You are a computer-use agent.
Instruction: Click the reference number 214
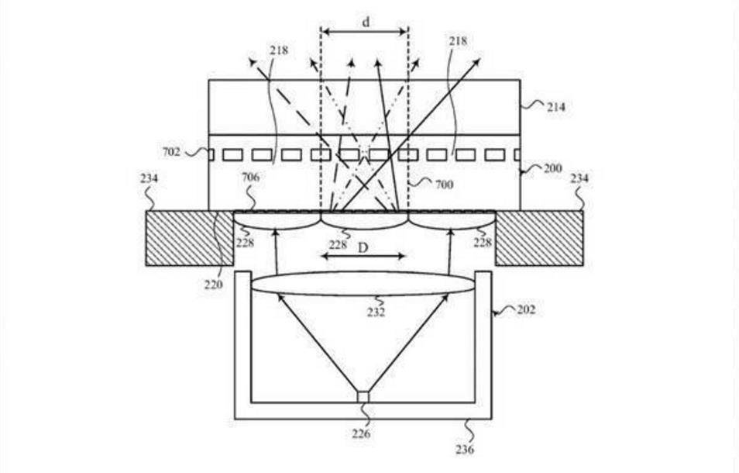555,108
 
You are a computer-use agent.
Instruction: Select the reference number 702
171,152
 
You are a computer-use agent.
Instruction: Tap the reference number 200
553,168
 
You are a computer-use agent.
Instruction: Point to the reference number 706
251,178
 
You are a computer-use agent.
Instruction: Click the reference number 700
445,185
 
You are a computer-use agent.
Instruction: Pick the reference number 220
213,285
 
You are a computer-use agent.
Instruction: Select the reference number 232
376,312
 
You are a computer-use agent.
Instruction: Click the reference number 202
527,310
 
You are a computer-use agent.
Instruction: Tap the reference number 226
361,433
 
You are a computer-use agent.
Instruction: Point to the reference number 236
465,450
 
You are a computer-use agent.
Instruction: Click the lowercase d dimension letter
366,22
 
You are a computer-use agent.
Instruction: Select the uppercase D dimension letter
363,247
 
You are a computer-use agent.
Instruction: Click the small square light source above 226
363,397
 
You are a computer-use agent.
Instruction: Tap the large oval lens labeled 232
363,284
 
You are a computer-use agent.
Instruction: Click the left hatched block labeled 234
190,238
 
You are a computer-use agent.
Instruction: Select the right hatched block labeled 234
539,238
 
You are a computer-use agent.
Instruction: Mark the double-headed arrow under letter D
363,257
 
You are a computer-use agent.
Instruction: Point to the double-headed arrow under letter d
364,32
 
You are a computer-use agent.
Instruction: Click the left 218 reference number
279,50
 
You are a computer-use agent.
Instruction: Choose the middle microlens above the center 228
364,221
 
